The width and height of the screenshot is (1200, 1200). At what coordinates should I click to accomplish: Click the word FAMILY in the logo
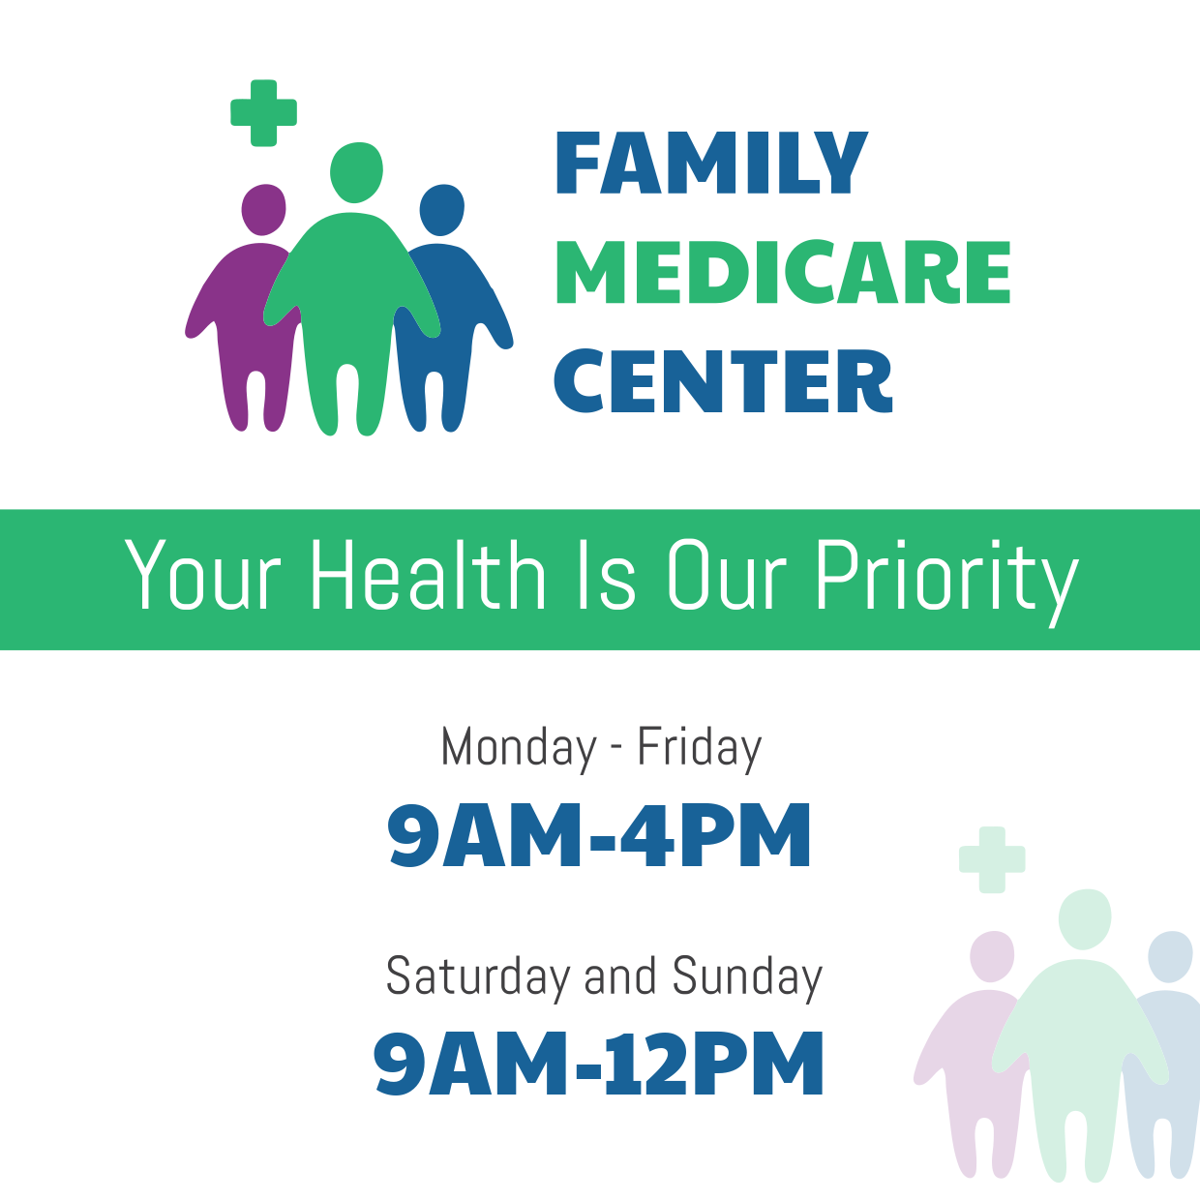click(711, 164)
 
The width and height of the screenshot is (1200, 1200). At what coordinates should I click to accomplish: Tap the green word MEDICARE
click(783, 273)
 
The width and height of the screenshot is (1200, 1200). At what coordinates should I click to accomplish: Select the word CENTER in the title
click(723, 382)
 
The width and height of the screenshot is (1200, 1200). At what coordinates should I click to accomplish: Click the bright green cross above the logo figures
click(263, 114)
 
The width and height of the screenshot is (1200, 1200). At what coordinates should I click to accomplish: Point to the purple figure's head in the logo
click(263, 209)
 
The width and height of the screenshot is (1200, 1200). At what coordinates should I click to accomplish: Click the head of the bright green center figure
click(356, 172)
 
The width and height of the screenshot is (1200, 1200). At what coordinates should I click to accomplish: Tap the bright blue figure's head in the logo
click(442, 209)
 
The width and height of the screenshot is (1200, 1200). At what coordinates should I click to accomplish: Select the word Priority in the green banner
click(945, 578)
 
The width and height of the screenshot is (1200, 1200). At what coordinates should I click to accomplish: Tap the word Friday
click(699, 749)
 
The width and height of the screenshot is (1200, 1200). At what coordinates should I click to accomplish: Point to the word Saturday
click(478, 976)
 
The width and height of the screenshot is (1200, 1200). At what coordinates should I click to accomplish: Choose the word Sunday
click(747, 976)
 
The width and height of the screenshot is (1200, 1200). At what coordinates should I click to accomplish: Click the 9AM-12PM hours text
click(599, 1065)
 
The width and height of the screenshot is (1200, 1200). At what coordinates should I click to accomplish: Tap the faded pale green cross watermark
click(992, 859)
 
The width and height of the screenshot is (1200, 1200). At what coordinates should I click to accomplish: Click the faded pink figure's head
click(992, 956)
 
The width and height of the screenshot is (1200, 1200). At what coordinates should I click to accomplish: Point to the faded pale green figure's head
click(1084, 918)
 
